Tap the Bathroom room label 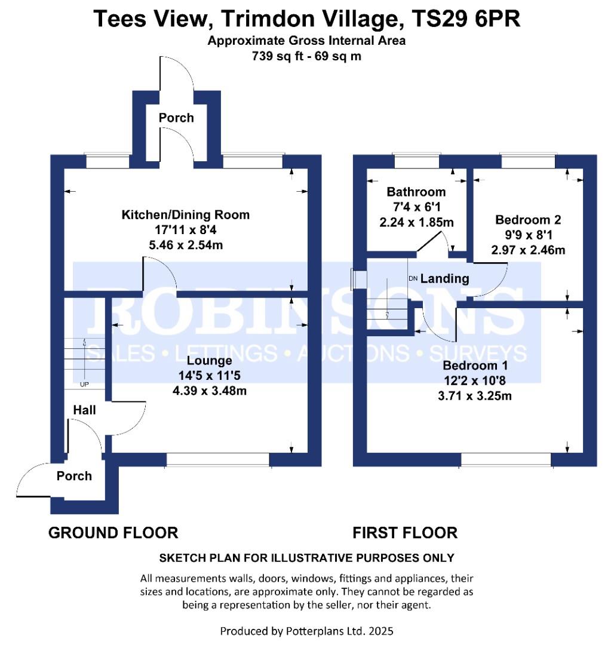pos(416,192)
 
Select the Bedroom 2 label pos(527,220)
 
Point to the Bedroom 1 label pos(475,365)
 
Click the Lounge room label pos(209,361)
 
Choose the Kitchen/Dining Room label pos(186,214)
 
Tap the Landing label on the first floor pos(445,278)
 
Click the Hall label pos(84,410)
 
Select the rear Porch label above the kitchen pos(176,118)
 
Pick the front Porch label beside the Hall pos(74,476)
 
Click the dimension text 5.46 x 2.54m pos(186,245)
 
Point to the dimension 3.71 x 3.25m pos(475,395)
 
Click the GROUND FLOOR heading pos(113,532)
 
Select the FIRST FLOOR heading pos(405,532)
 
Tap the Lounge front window pos(218,459)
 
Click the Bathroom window pos(416,160)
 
